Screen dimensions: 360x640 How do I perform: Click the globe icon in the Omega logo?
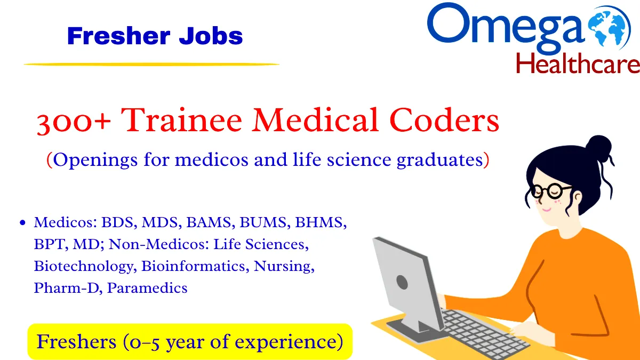611,28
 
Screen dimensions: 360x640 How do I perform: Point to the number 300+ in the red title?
74,122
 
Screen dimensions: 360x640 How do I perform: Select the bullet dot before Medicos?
22,223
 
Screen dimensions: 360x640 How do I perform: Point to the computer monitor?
406,282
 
